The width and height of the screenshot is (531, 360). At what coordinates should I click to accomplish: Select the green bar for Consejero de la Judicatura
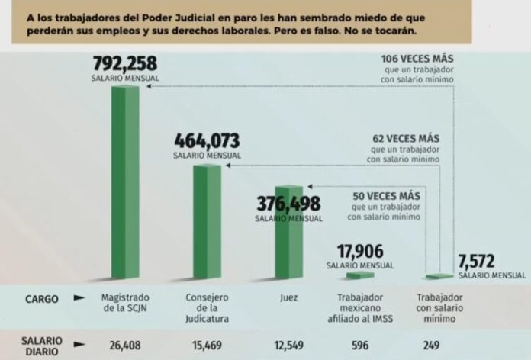click(207, 220)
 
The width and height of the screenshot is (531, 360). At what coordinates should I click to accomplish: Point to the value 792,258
click(124, 64)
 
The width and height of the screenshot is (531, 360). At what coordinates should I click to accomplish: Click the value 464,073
click(207, 141)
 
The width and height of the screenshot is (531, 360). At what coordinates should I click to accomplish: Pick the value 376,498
click(288, 203)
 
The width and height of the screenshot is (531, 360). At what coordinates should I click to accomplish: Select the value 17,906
click(360, 252)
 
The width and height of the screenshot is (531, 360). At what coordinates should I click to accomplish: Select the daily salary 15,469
click(207, 345)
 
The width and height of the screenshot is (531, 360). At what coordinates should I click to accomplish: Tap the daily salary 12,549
click(288, 345)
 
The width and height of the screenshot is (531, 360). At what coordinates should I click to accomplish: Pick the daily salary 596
click(361, 345)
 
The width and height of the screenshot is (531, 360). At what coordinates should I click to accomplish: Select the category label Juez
click(288, 297)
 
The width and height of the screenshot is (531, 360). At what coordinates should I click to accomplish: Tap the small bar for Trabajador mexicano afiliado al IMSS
click(360, 275)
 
